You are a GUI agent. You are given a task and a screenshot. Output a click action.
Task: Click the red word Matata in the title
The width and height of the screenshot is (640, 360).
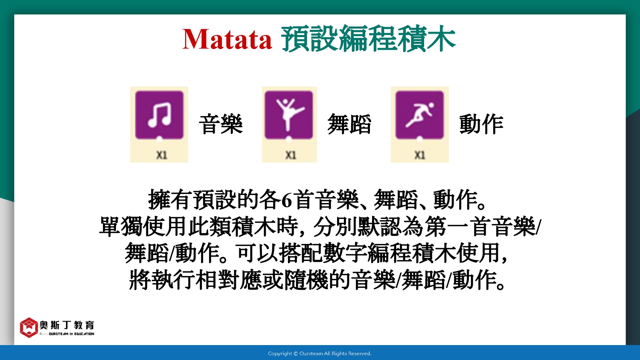point(227,39)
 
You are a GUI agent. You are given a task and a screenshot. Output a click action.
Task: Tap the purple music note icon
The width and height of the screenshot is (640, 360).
point(159,115)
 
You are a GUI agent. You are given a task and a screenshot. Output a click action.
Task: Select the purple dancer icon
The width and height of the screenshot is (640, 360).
point(288,115)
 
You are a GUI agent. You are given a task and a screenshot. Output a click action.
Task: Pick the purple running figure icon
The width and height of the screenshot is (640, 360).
point(419,115)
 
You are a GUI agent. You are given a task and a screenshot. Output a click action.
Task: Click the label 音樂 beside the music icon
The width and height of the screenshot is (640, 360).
point(221,124)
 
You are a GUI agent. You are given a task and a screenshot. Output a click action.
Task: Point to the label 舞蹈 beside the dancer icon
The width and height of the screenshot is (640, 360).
point(349,124)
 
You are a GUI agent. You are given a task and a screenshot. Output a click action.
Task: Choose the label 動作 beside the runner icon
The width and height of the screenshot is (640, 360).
point(481,124)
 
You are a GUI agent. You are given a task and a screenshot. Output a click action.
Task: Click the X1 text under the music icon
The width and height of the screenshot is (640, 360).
point(161,155)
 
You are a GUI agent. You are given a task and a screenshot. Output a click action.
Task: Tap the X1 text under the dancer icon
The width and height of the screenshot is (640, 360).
point(291,155)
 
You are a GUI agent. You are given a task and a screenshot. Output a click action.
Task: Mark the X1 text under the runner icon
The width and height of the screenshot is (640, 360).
point(420,155)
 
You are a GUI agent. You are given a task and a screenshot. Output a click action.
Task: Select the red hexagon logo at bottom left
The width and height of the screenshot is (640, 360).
point(29,328)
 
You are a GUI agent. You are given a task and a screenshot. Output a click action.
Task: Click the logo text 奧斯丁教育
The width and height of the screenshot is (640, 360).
point(67,325)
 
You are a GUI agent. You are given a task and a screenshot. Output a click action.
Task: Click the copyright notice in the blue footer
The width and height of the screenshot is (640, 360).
point(320,354)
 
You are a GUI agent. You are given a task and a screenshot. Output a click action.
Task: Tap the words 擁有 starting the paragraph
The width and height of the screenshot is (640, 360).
point(170,200)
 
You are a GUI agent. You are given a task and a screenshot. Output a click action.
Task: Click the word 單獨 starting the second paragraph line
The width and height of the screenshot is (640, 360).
point(121,227)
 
